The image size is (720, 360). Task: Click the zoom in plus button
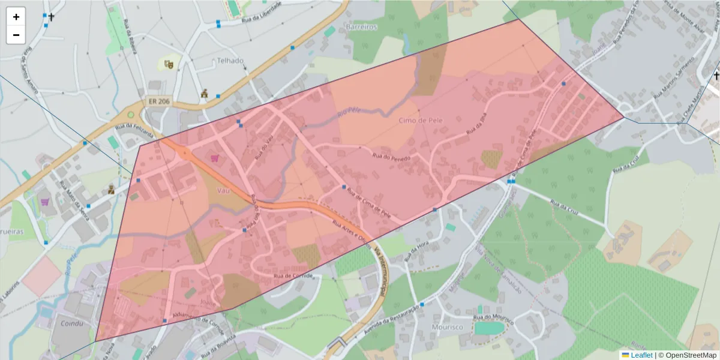(16, 17)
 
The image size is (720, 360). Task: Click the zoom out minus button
(16, 35)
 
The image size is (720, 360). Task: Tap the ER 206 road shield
(158, 102)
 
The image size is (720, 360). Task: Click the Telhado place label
(230, 61)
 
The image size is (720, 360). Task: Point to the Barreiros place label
(362, 27)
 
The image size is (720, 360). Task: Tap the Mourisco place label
(447, 327)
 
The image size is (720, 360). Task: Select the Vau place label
(223, 190)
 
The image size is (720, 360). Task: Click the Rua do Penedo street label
(391, 158)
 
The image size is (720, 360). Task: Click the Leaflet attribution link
(641, 355)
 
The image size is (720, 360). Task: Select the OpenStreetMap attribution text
(690, 355)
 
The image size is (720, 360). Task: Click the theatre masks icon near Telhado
(169, 64)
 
